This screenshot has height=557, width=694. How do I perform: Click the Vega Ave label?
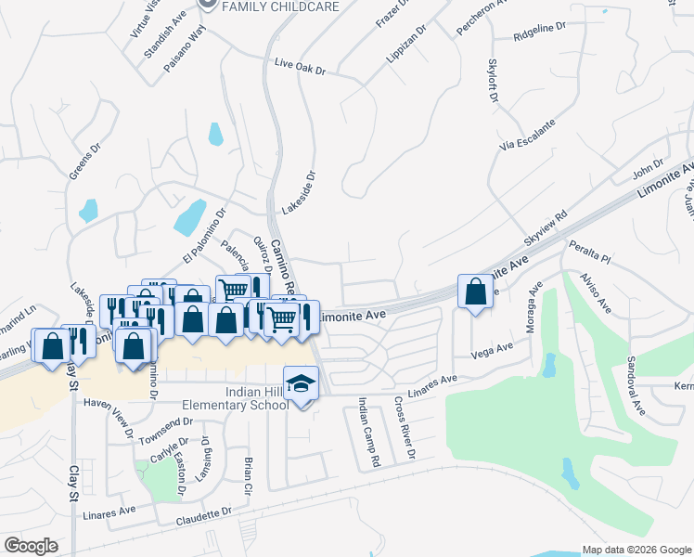click(492, 350)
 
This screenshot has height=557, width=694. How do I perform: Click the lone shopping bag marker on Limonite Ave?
click(475, 292)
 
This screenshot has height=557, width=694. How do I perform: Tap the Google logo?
click(31, 545)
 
